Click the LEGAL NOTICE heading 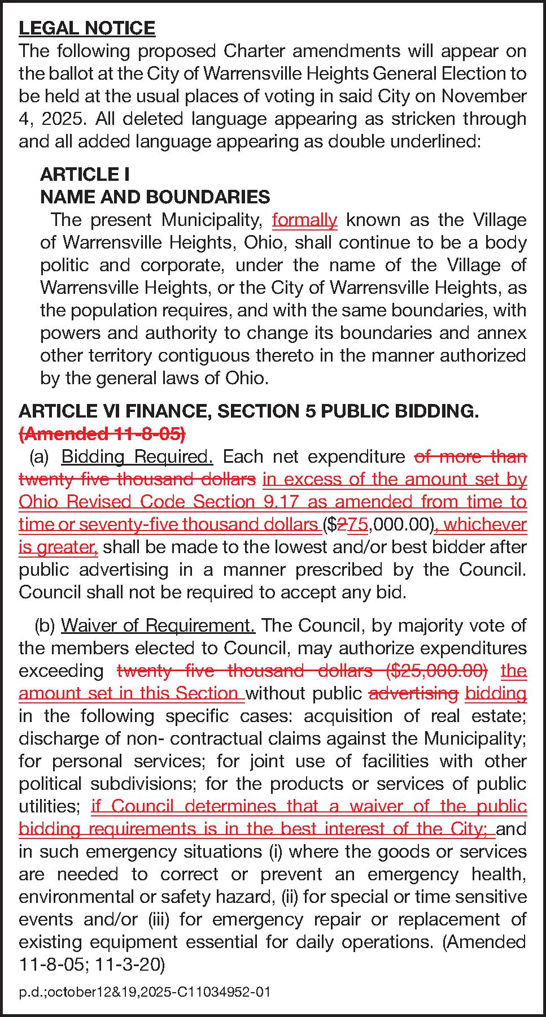pos(86,28)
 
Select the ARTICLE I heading pos(85,174)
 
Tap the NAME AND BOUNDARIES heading pos(155,197)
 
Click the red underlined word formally pos(304,220)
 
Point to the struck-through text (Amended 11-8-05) pos(102,434)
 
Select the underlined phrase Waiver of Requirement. pos(158,625)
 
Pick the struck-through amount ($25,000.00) pos(437,671)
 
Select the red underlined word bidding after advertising pos(496,693)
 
